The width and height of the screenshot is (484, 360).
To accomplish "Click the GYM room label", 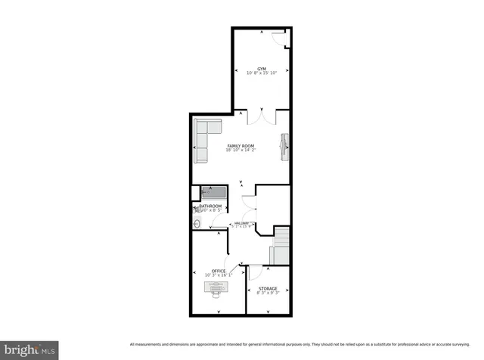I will tap(262, 68).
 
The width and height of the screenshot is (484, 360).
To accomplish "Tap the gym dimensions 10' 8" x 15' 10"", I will tap(262, 73).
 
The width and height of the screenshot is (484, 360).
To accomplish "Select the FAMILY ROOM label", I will tap(241, 145).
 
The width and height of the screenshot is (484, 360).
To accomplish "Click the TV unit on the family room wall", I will tap(285, 146).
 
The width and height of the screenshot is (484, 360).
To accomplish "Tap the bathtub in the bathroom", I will tap(213, 193).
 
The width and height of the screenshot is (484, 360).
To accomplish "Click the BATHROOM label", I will tap(210, 206).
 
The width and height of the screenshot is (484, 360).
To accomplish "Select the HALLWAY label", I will tap(241, 223).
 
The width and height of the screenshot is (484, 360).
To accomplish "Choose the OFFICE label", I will tap(219, 271).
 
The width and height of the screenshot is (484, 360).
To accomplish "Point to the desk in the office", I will tap(219, 287).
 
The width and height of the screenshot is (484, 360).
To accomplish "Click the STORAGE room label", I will tap(268, 288).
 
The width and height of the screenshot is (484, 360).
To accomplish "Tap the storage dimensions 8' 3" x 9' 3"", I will tap(268, 293).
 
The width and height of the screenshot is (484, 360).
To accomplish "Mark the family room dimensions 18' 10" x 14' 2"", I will tap(241, 151).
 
